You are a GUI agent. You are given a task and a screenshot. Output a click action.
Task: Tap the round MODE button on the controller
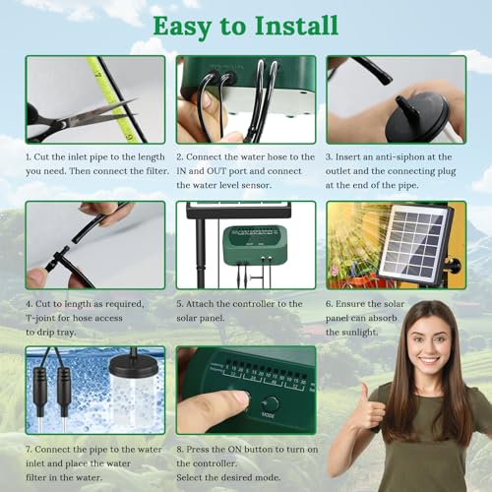(x=271, y=403)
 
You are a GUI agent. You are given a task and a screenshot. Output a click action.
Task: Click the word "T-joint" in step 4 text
(x=45, y=318)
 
